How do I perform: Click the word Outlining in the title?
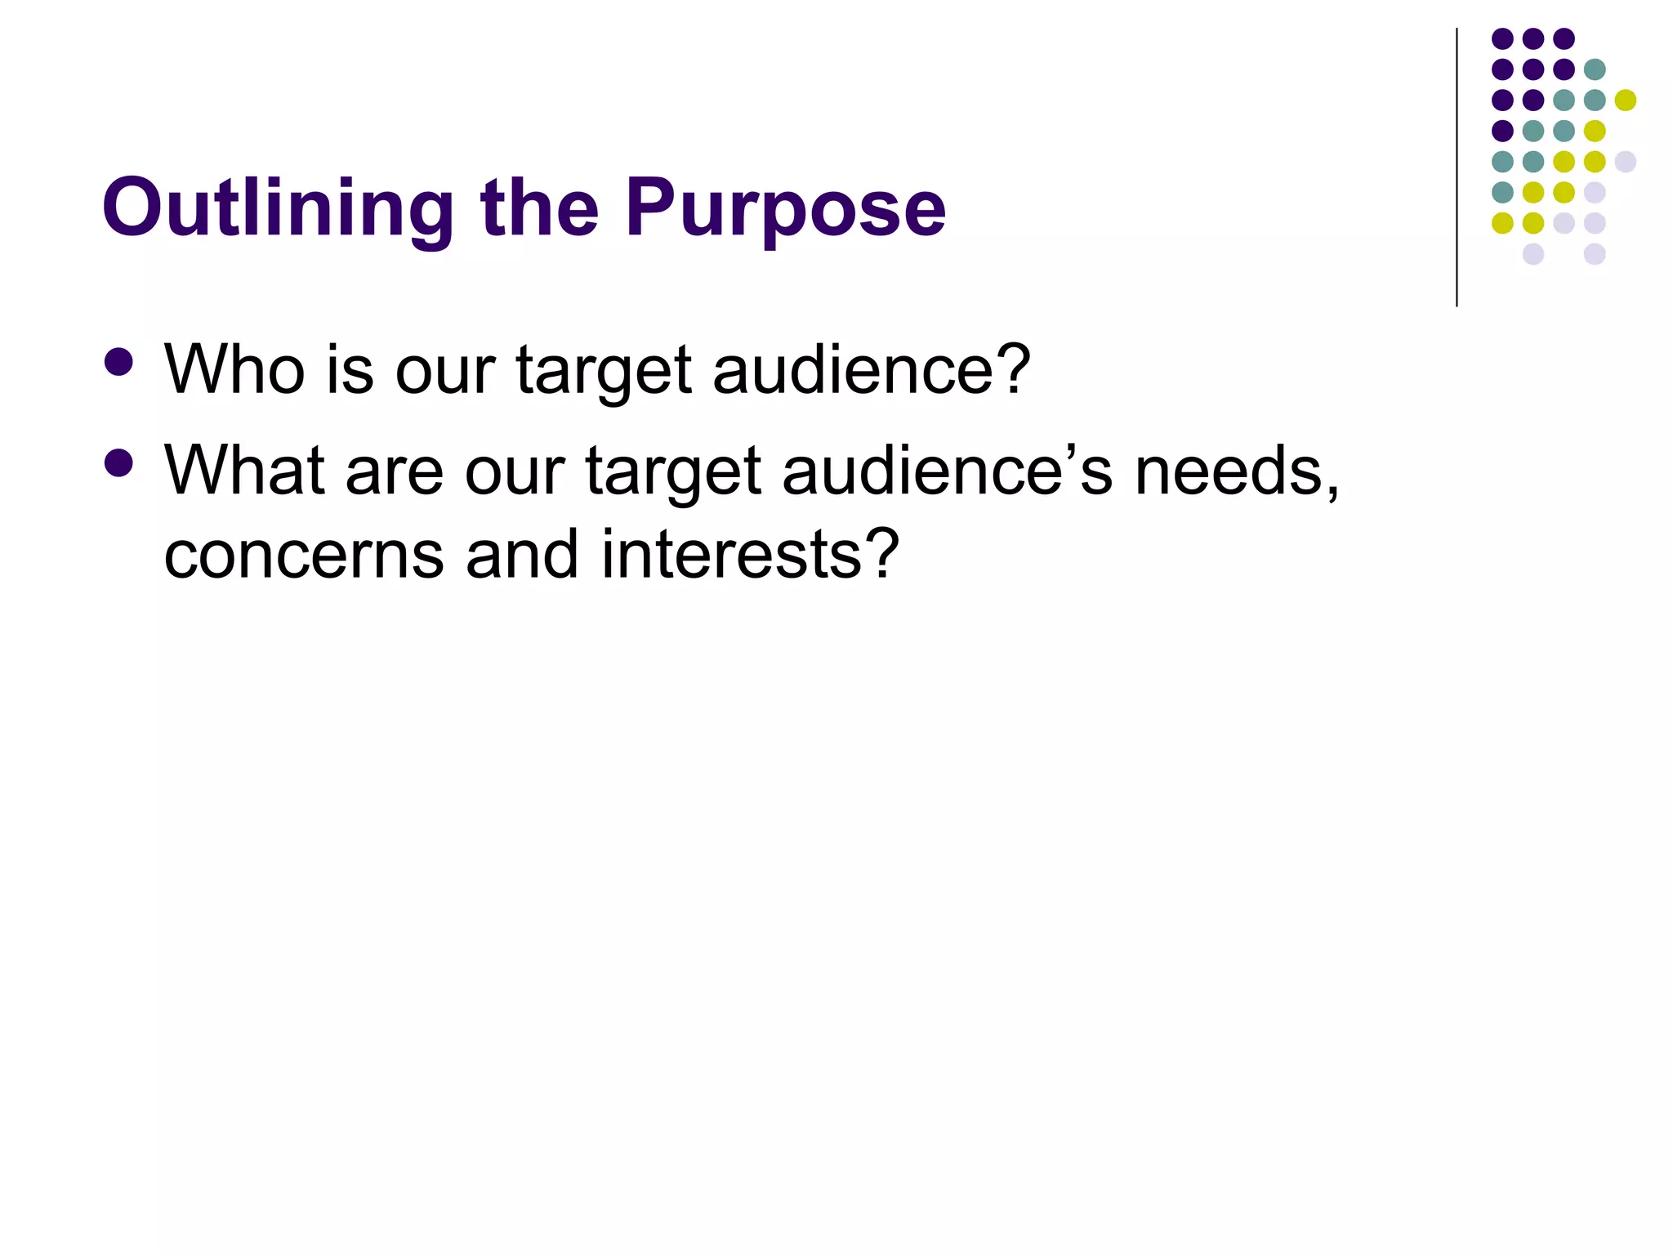[278, 208]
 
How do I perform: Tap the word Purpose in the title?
[786, 208]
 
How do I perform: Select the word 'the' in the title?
[540, 208]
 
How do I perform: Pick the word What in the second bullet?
[245, 471]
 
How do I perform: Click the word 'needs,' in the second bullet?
[1237, 472]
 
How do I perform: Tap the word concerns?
[303, 555]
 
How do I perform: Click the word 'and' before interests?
[522, 555]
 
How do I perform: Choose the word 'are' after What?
[395, 472]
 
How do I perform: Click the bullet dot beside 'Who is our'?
[119, 363]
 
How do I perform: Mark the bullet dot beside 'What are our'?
[119, 463]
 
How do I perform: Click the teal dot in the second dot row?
[1595, 69]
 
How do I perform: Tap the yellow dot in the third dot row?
[1626, 100]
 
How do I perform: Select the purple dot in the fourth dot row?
[1502, 131]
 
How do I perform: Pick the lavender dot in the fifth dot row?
[1626, 162]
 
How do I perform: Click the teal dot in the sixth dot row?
[1502, 193]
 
